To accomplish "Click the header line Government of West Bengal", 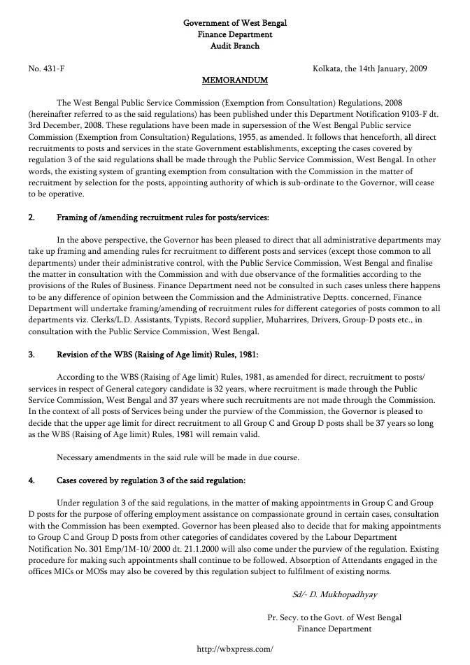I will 235,23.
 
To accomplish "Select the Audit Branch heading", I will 235,45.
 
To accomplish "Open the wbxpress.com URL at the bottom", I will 235,648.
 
